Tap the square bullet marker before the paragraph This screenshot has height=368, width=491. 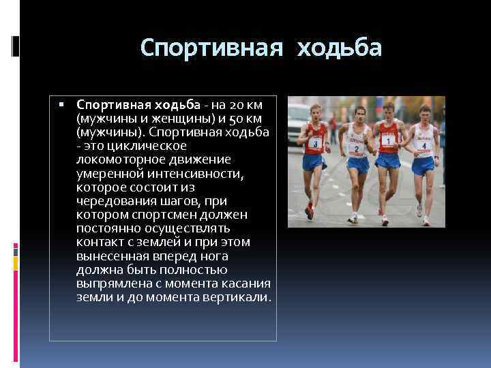click(61, 105)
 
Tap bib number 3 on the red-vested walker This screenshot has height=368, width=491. click(316, 143)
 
